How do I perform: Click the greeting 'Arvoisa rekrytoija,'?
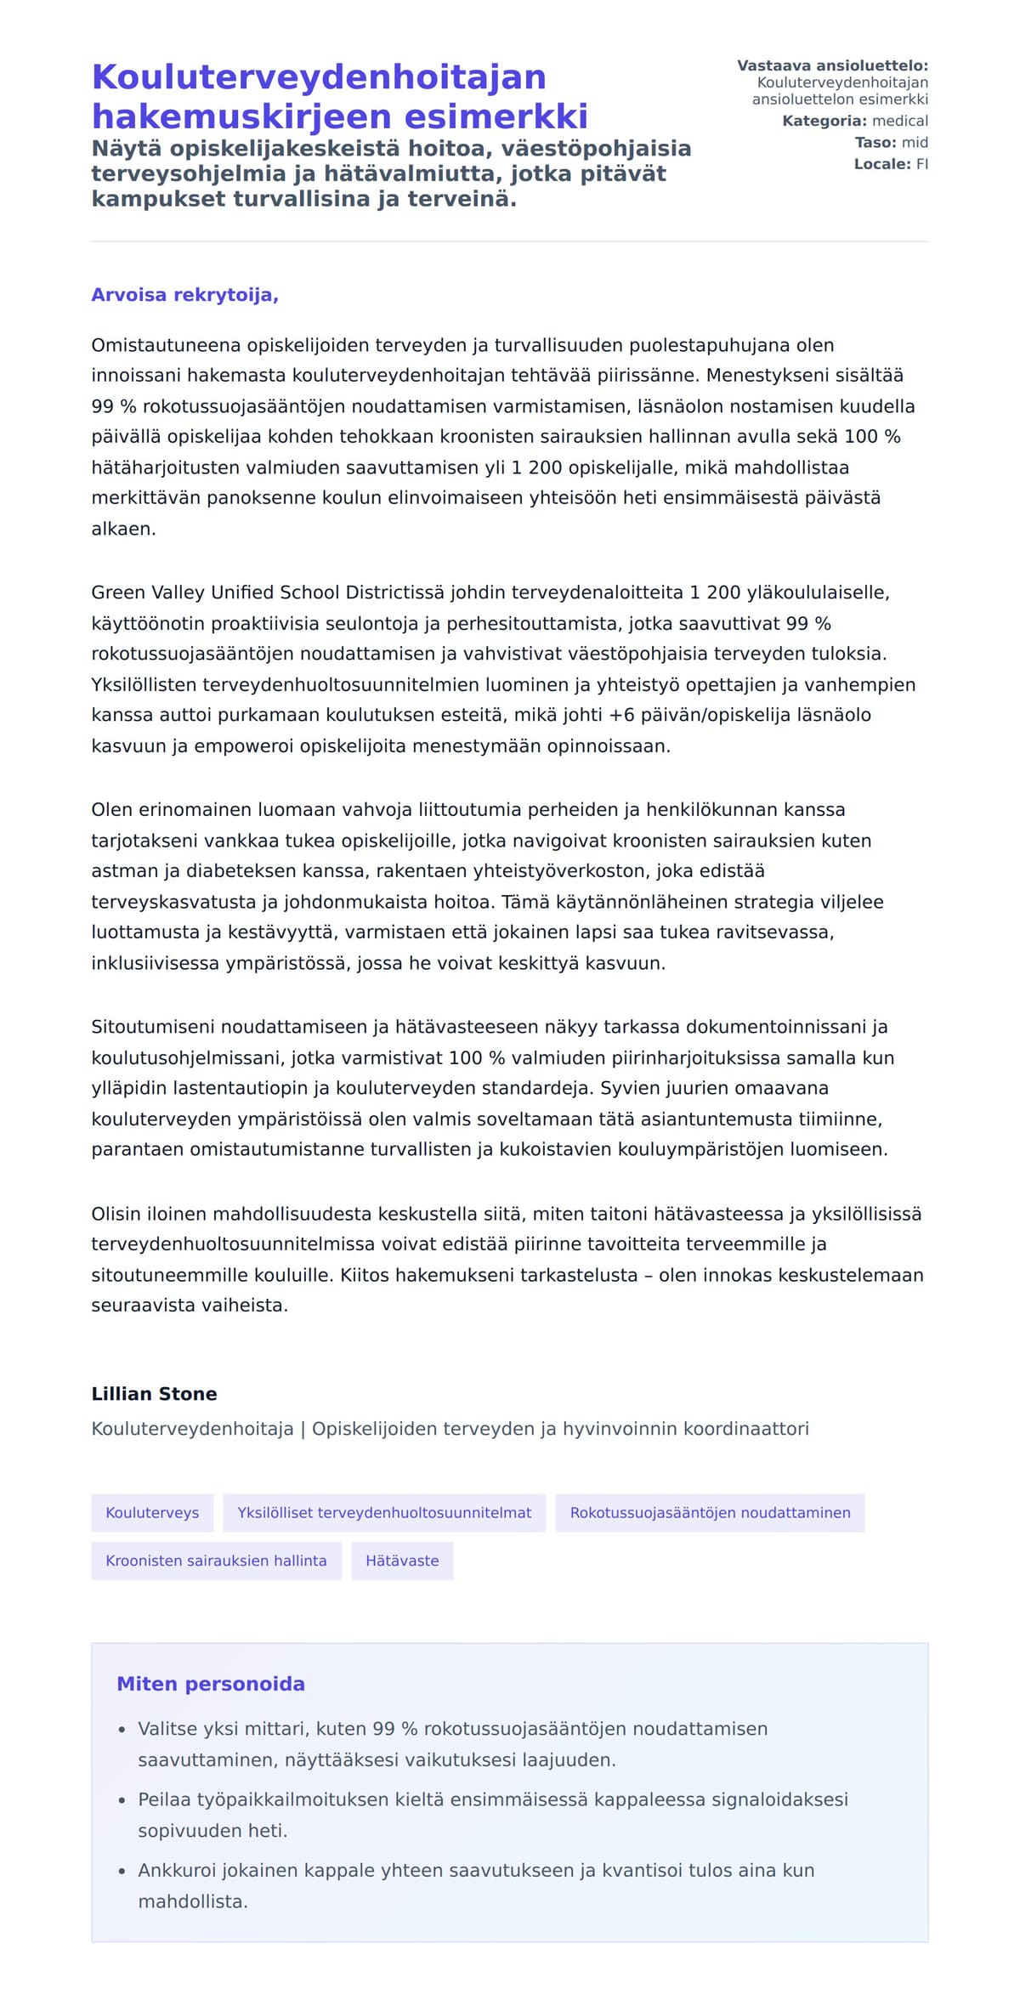coord(184,295)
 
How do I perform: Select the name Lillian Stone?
coord(154,1393)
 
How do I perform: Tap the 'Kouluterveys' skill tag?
coord(152,1512)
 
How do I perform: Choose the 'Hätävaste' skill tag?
coord(402,1560)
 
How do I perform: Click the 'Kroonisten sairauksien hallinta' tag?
coord(216,1560)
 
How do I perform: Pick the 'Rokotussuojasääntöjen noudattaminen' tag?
coord(710,1512)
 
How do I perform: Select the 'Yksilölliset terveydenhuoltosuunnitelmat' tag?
coord(384,1512)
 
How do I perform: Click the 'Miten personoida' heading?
coord(211,1683)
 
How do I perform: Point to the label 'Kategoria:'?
coord(824,121)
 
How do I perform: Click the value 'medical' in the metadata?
coord(900,121)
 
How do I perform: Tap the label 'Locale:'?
coord(882,164)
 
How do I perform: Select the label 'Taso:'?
coord(875,142)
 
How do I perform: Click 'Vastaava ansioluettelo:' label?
coord(832,65)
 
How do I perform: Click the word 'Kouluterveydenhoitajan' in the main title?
coord(319,76)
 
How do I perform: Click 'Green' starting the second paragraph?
coord(118,592)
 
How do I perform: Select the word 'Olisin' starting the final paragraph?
coord(116,1213)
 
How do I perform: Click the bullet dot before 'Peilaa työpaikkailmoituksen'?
coord(122,1799)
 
